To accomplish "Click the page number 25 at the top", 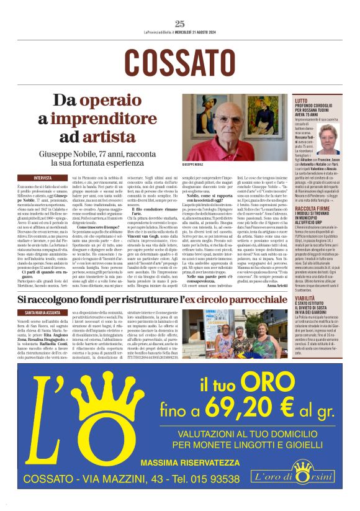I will (180, 24).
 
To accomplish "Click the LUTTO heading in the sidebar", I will (301, 100).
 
